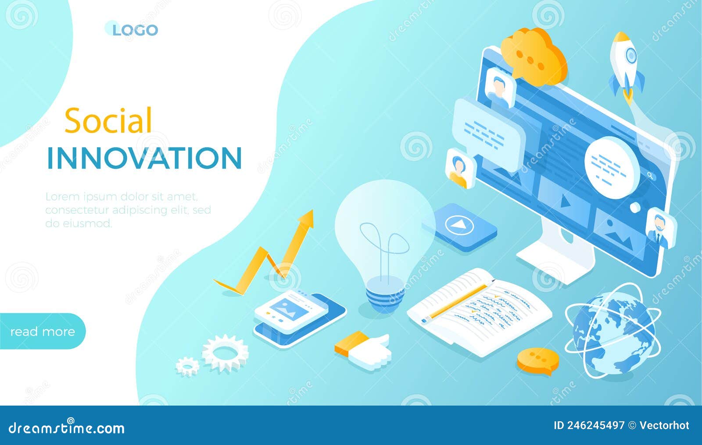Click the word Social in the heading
click(x=108, y=120)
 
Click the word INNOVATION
click(x=144, y=158)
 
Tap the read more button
click(x=42, y=332)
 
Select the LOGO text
click(x=135, y=30)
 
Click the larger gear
click(x=225, y=353)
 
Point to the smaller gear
click(x=187, y=366)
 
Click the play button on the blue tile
click(x=459, y=225)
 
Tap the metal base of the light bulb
click(x=384, y=297)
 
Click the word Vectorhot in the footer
click(x=664, y=425)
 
